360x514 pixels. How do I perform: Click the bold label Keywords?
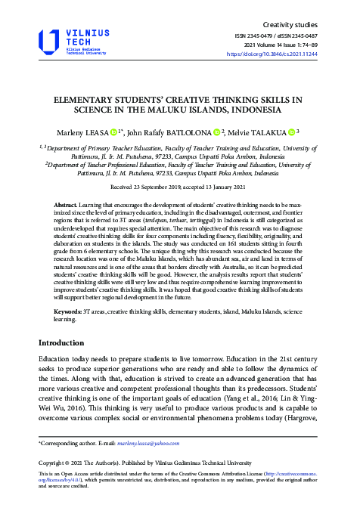pyautogui.click(x=69, y=312)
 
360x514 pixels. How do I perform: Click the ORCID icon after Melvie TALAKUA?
pyautogui.click(x=290, y=131)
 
